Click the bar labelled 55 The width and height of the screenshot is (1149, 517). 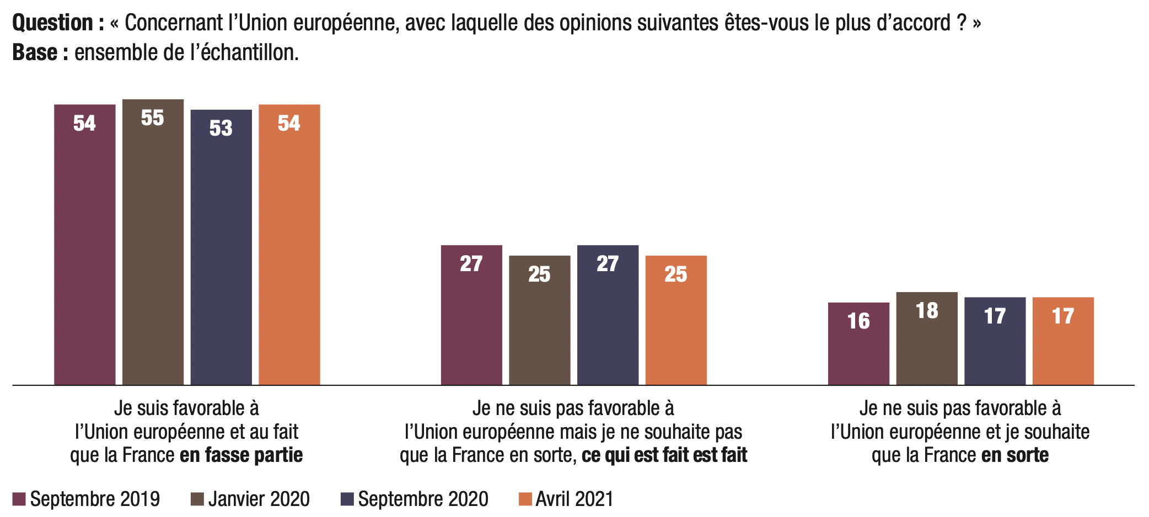pos(153,243)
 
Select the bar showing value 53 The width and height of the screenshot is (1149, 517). pos(221,247)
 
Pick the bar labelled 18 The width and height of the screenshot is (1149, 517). pos(927,338)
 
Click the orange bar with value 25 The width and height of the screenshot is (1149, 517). pos(676,320)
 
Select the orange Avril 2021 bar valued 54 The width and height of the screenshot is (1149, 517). pos(289,245)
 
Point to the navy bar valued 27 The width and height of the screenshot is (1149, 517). pos(608,315)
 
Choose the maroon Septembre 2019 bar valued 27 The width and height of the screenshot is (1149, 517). pos(471,315)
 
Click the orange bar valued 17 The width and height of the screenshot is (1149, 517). pos(1063,341)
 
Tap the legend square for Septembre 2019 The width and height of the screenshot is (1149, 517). pos(19,499)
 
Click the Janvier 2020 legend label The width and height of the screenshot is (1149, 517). pos(259,499)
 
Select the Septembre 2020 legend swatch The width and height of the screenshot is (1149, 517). pos(347,499)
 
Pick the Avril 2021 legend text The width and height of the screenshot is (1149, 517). pos(574,499)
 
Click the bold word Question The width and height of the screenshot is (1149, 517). pos(53,23)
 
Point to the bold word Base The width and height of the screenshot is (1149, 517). pos(35,53)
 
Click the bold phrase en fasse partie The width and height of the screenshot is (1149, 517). pos(241,455)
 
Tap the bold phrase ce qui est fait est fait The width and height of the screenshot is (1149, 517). pos(664,455)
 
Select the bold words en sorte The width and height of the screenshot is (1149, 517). pos(1015,455)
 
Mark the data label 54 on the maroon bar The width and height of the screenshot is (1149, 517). pos(84,123)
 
